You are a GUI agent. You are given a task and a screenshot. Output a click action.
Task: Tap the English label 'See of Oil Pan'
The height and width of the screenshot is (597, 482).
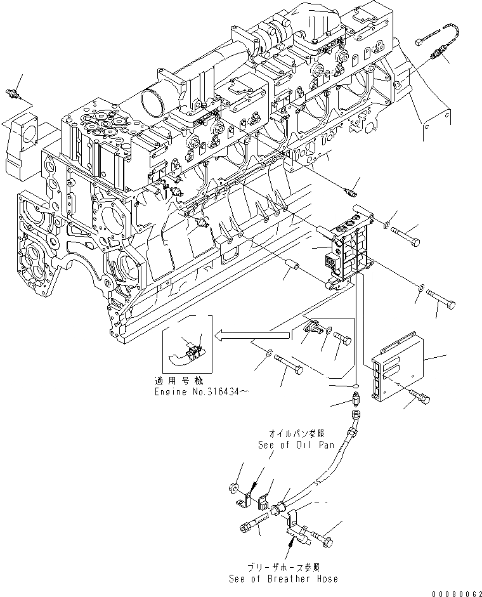pos(296,445)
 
